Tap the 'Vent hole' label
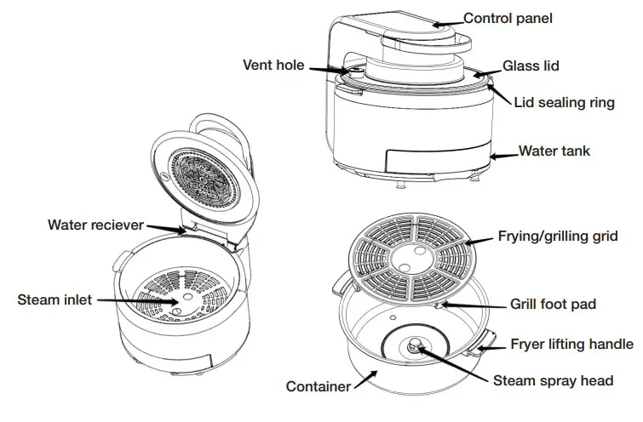pyautogui.click(x=273, y=65)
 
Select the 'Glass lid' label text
pyautogui.click(x=531, y=66)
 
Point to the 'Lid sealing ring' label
pyautogui.click(x=564, y=102)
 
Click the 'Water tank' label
pyautogui.click(x=554, y=151)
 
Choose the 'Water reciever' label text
pyautogui.click(x=95, y=225)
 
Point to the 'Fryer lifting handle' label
pyautogui.click(x=571, y=344)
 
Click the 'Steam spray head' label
pyautogui.click(x=553, y=380)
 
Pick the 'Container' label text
pyautogui.click(x=319, y=386)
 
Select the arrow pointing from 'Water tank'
pyautogui.click(x=506, y=154)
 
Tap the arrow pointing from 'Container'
pyautogui.click(x=364, y=380)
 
